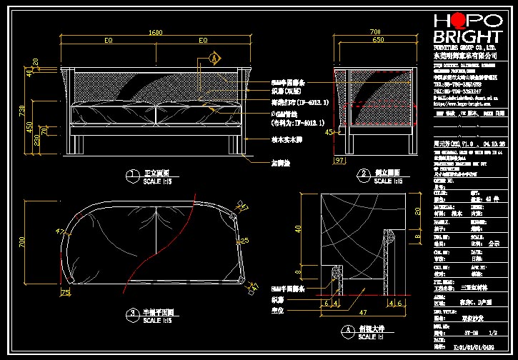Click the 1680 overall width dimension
tap(155, 33)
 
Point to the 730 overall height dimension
tap(22, 111)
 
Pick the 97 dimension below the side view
tap(339, 161)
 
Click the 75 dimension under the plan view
tap(66, 292)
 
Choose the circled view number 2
tap(364, 174)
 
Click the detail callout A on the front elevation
tap(213, 57)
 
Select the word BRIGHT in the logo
tap(468, 37)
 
